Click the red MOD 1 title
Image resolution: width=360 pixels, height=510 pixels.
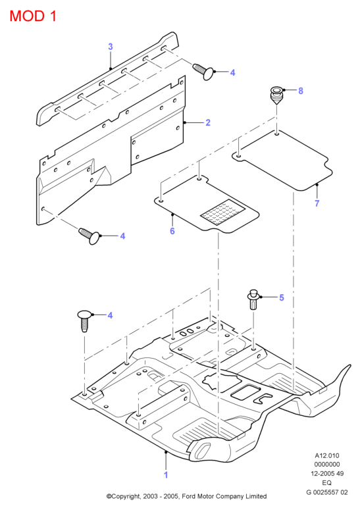33,16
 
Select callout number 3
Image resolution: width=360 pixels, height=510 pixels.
111,47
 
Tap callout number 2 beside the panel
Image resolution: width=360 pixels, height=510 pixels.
208,122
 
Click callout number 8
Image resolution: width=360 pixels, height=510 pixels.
301,91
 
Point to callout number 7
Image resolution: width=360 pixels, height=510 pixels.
317,203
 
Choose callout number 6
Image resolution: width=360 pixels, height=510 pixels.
172,231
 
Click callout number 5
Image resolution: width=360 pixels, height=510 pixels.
282,297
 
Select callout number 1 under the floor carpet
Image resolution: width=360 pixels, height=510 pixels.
166,475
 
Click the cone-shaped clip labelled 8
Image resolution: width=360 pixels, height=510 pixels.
276,95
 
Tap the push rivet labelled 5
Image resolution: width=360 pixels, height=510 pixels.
253,299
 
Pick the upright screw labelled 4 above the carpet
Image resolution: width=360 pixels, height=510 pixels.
84,320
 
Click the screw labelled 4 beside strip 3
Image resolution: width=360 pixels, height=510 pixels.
203,72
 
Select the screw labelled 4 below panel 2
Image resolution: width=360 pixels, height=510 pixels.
89,236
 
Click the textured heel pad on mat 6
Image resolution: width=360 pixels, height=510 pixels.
222,212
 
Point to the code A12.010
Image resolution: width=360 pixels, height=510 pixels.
327,455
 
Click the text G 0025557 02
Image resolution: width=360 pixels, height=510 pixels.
327,492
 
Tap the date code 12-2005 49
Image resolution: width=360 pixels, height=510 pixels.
327,474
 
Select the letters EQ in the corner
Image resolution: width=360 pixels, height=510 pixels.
327,482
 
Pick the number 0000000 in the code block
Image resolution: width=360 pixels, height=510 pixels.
327,465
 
